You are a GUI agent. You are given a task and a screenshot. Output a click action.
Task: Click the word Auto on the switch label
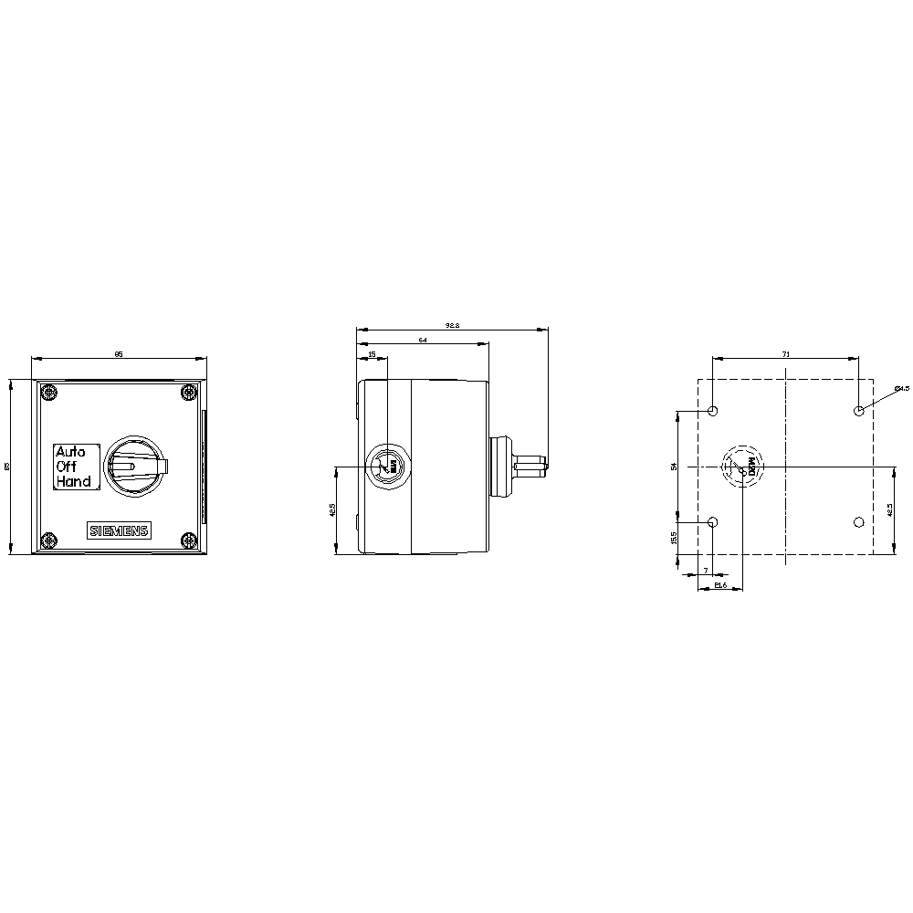[70, 451]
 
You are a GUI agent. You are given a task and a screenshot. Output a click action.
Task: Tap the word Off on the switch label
[67, 466]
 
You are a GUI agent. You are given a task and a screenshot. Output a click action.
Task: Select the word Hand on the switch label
[73, 481]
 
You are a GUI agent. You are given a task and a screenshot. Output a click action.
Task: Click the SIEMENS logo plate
[119, 531]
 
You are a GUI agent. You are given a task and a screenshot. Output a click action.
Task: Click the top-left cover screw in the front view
[49, 394]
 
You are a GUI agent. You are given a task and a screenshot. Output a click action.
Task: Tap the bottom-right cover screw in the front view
[188, 540]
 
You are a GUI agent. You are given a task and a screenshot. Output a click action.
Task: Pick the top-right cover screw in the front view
[188, 394]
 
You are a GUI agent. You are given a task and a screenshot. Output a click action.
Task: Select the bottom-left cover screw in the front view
[49, 540]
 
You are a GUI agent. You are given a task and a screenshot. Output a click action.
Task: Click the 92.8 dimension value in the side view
[452, 324]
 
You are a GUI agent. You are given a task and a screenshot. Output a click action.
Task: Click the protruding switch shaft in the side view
[530, 467]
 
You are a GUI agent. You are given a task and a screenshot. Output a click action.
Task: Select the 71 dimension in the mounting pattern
[786, 352]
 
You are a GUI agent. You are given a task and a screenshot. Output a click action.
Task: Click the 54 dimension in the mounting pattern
[675, 467]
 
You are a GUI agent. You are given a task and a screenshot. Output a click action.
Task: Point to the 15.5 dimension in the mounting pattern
[675, 538]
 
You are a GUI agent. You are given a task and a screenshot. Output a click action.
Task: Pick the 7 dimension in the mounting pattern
[706, 571]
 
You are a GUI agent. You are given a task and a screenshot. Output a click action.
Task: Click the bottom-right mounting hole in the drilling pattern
[857, 522]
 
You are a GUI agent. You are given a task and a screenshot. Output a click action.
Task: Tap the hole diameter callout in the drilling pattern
[901, 389]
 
